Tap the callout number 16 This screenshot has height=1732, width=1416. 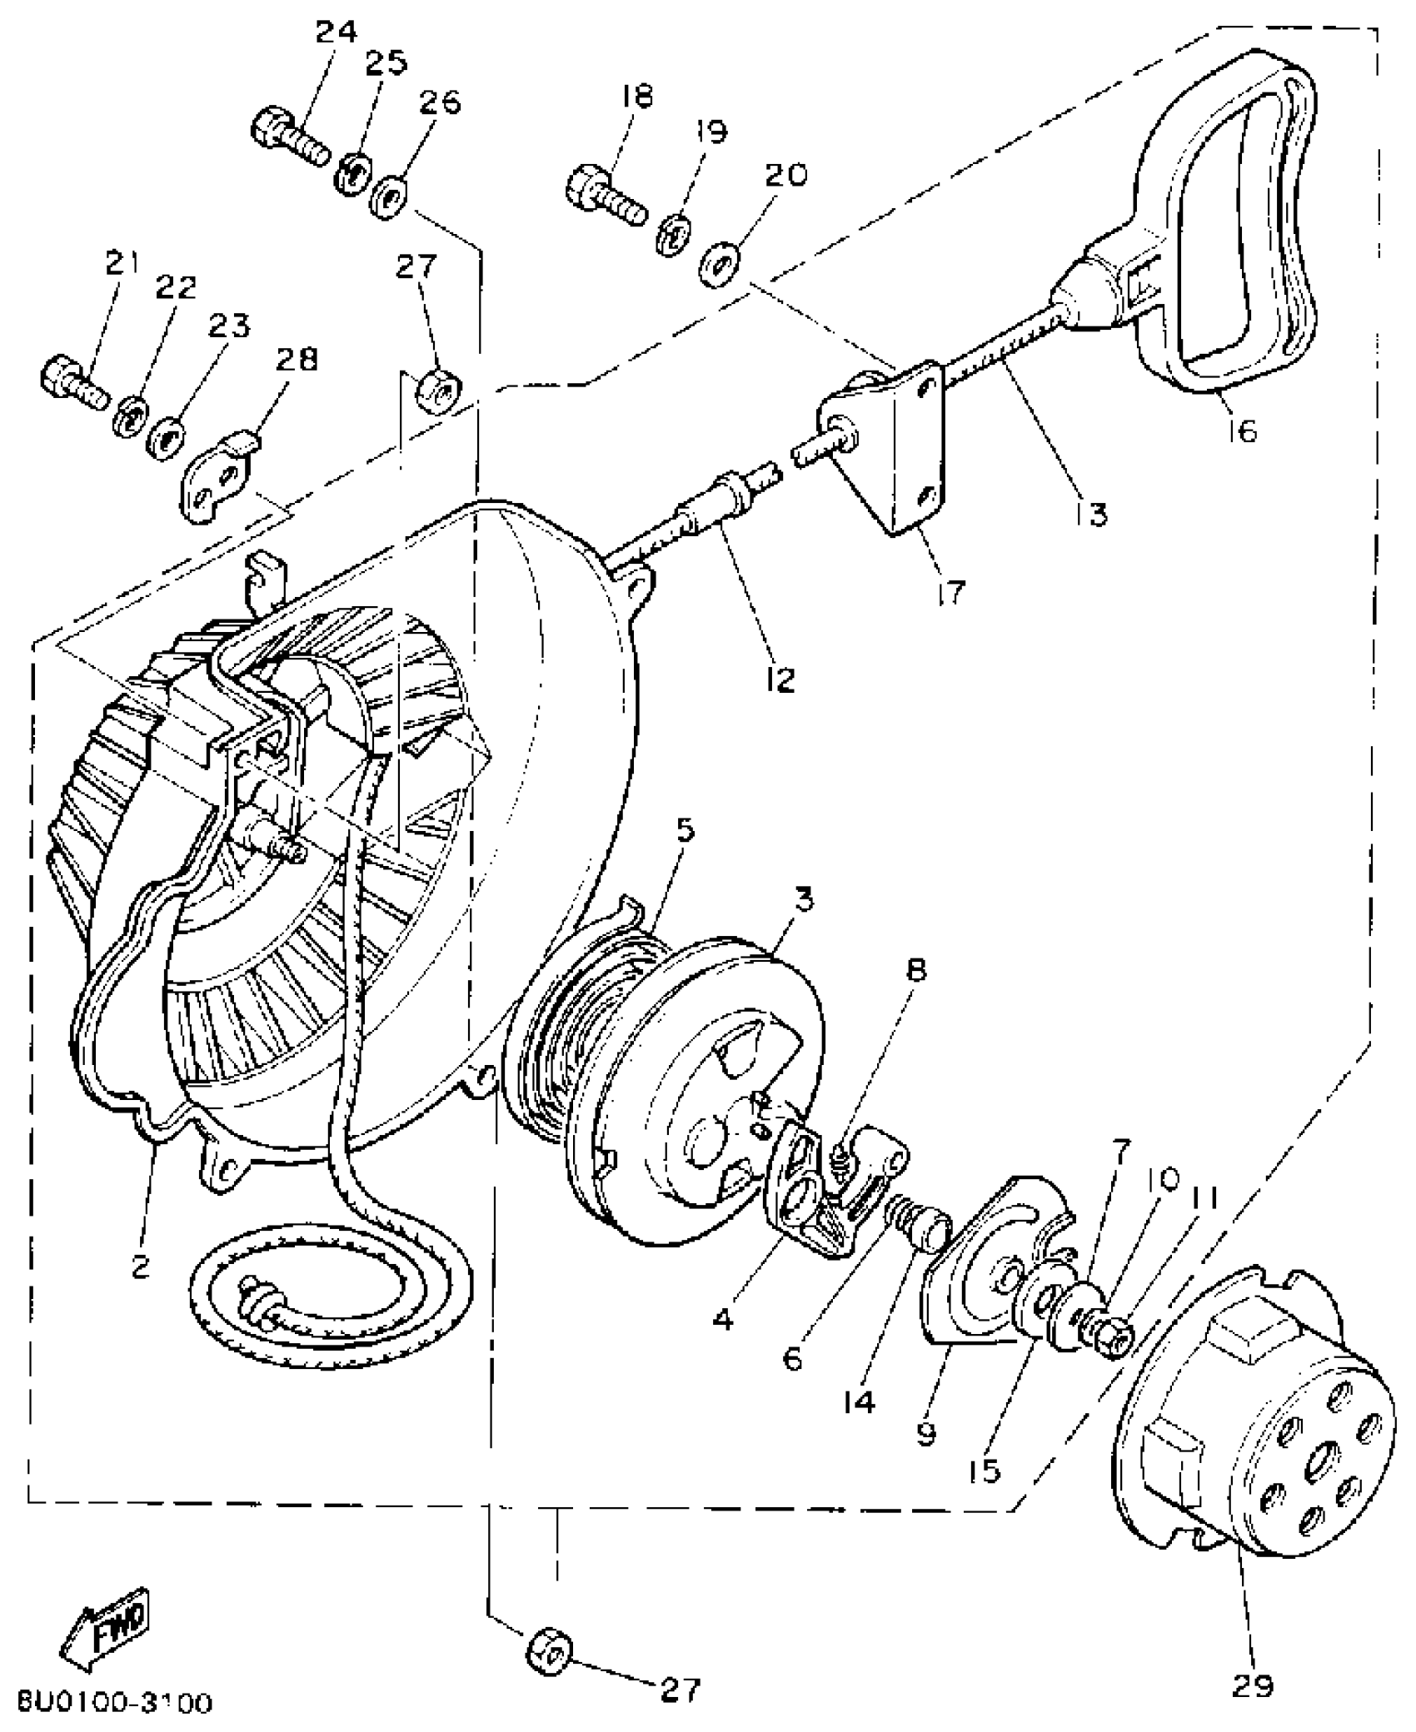pos(1242,431)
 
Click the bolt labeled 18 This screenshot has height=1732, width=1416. pos(604,192)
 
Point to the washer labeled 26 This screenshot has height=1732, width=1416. pos(390,200)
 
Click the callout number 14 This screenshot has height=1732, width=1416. pos(857,1401)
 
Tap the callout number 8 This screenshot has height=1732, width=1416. pos(915,971)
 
